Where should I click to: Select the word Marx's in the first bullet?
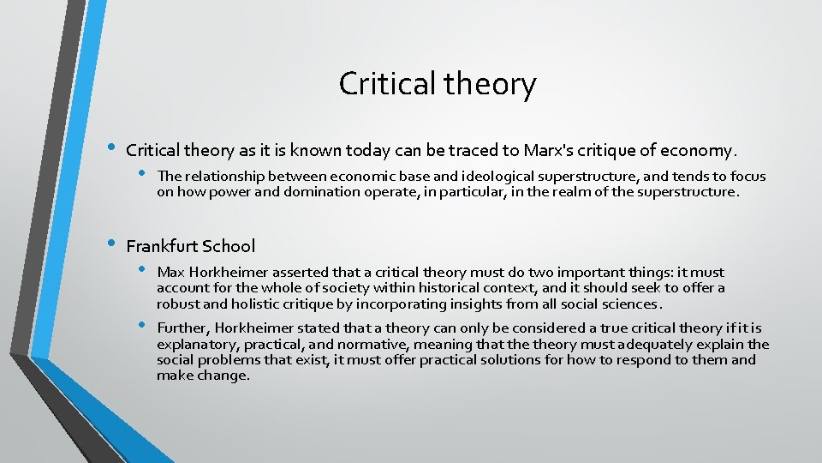pos(533,151)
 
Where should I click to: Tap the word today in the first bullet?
pos(368,151)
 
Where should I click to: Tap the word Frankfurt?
pos(162,246)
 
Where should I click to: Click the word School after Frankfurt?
pos(228,246)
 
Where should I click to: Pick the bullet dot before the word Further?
pos(142,327)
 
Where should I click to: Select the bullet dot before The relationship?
pos(142,175)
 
